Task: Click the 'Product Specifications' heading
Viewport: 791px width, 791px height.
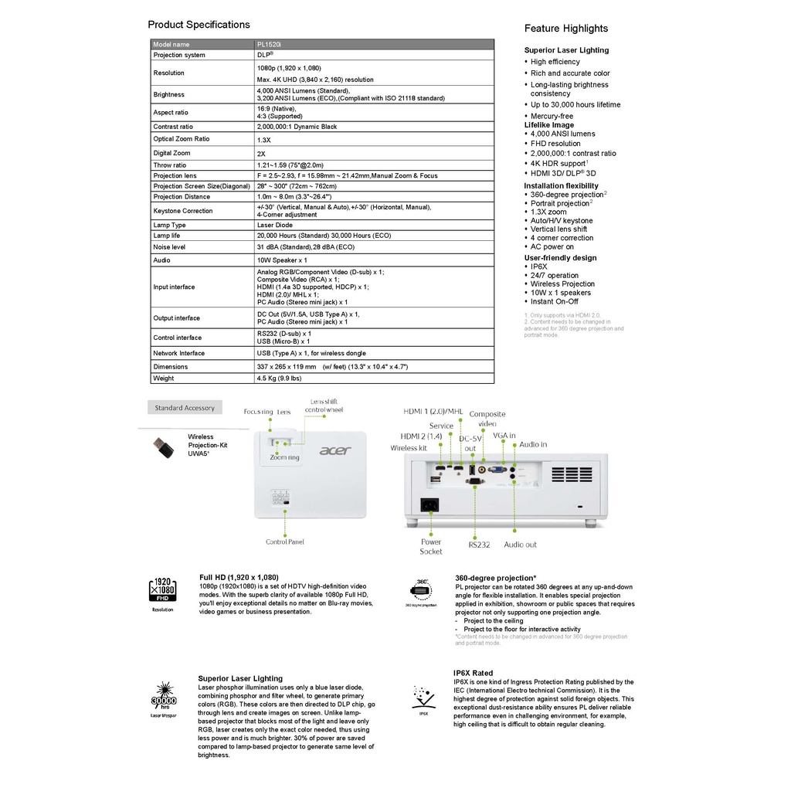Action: pyautogui.click(x=199, y=25)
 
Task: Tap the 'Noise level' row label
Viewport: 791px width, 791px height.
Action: pyautogui.click(x=169, y=247)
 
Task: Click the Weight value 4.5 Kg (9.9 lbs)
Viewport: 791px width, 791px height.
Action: pyautogui.click(x=279, y=379)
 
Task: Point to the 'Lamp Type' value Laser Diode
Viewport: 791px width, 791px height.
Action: pyautogui.click(x=274, y=225)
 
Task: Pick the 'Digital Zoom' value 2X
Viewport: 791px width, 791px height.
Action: pyautogui.click(x=261, y=153)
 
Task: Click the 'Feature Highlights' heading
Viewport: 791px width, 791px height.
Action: pyautogui.click(x=566, y=29)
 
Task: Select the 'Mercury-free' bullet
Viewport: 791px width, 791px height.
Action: pyautogui.click(x=552, y=117)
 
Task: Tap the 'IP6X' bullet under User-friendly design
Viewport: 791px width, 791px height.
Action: pyautogui.click(x=538, y=266)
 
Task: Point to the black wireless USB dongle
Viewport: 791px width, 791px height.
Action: pyautogui.click(x=162, y=449)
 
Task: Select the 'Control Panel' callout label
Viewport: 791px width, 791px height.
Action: pyautogui.click(x=285, y=542)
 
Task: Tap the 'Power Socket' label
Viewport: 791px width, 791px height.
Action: pyautogui.click(x=431, y=546)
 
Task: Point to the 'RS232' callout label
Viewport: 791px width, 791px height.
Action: pyautogui.click(x=479, y=545)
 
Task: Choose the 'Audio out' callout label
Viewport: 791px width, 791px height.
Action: pyautogui.click(x=520, y=545)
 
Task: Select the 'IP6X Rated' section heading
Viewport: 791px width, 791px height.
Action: pyautogui.click(x=474, y=674)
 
